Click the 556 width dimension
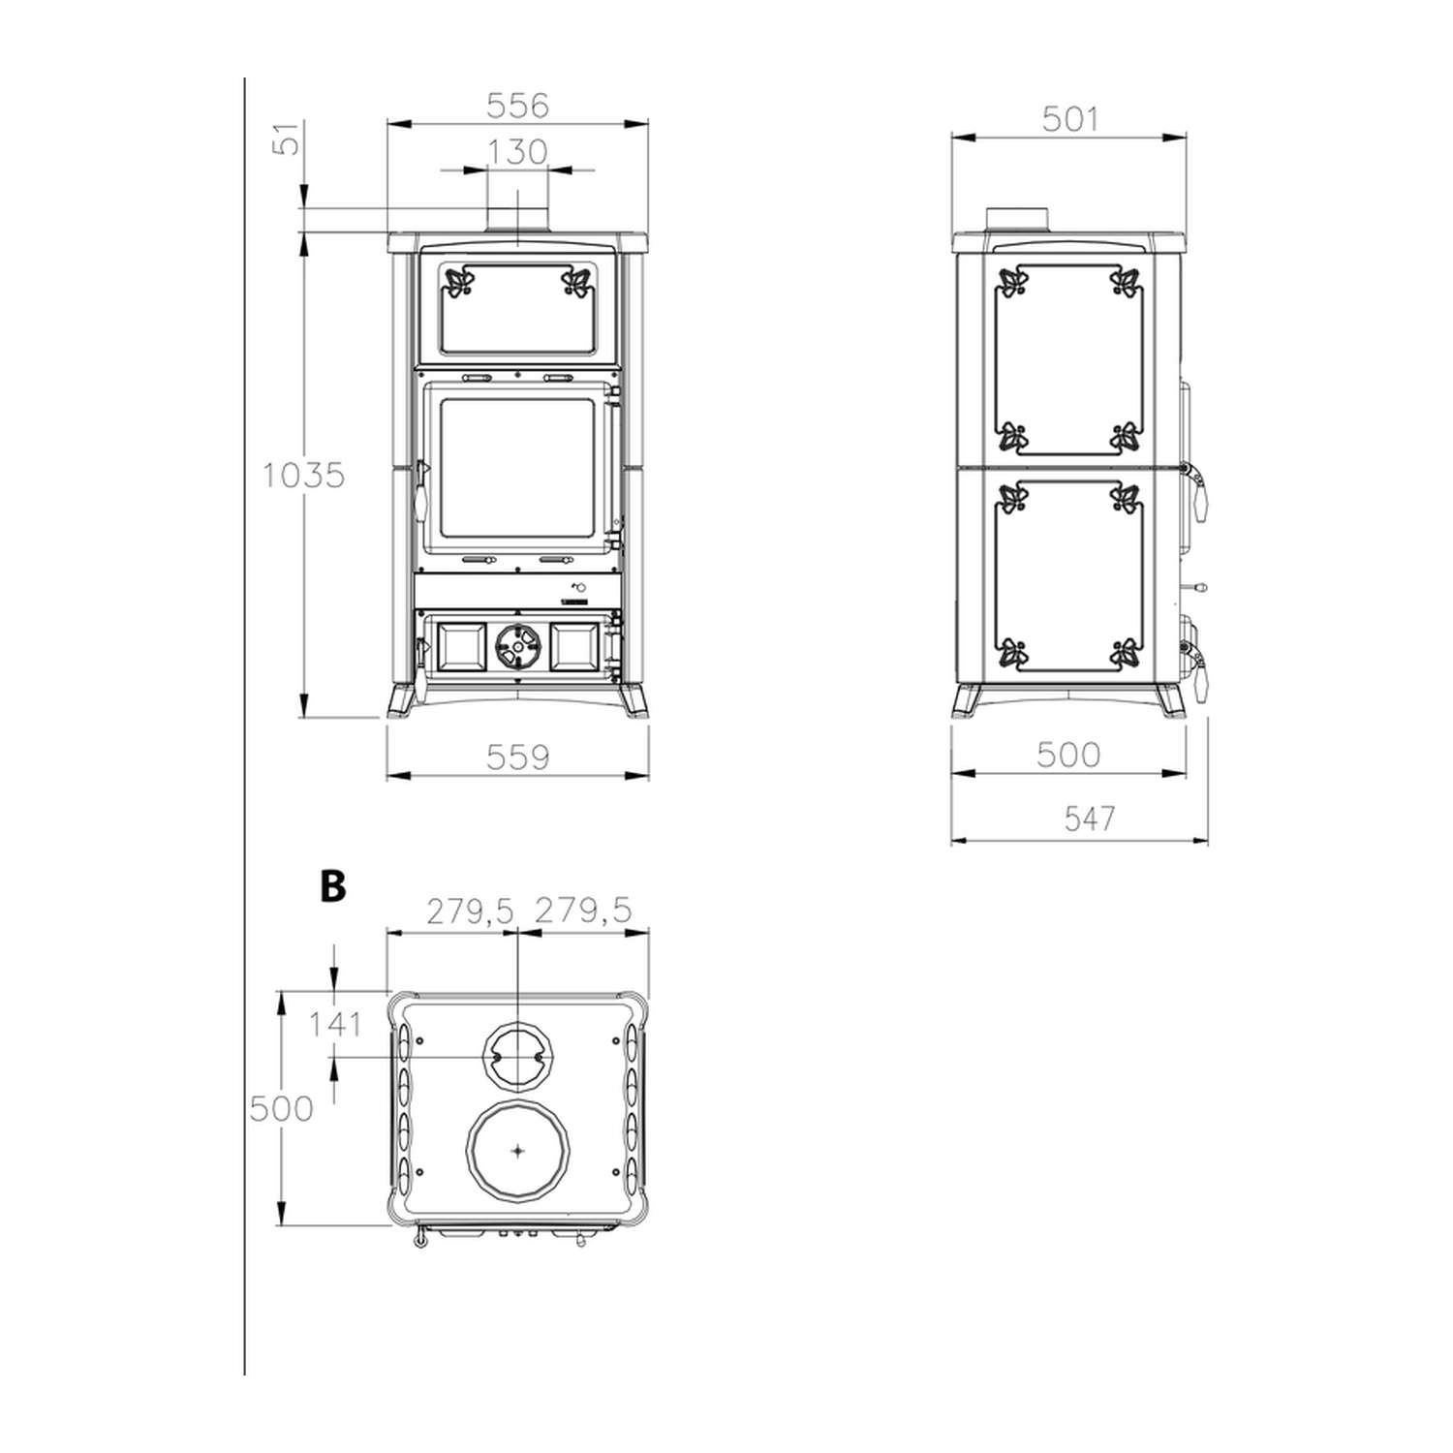coord(517,105)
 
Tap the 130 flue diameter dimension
coord(517,152)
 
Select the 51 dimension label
coord(287,139)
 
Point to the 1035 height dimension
coord(303,476)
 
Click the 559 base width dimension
coord(517,757)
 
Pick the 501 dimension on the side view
coord(1070,119)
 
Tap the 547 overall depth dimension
coord(1090,819)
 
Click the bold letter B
coord(332,885)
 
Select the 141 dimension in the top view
coord(335,1024)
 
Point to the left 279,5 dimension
coord(470,912)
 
